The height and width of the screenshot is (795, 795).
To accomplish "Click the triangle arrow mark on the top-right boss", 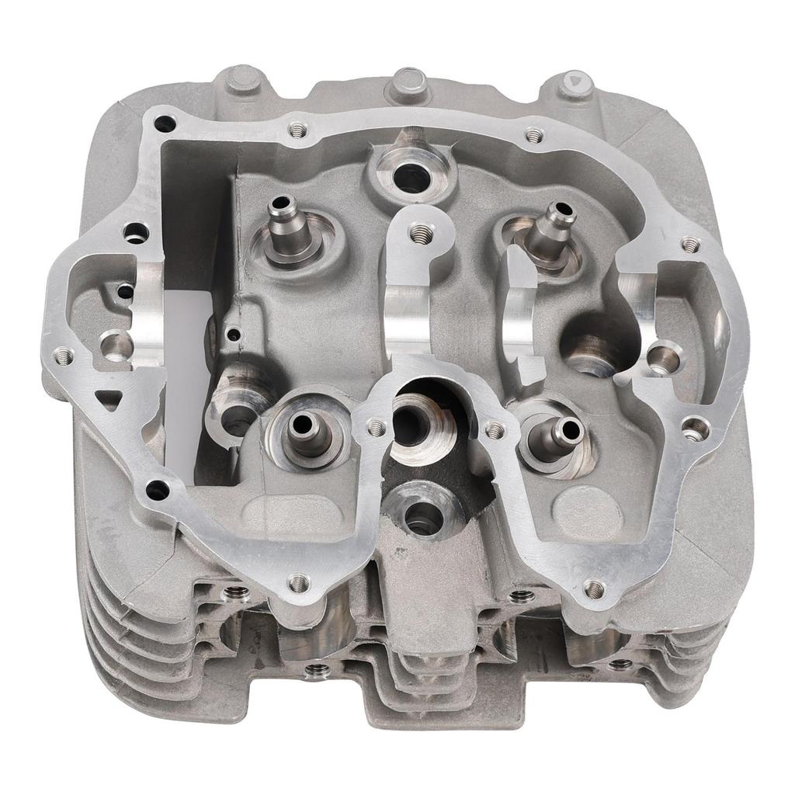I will (575, 79).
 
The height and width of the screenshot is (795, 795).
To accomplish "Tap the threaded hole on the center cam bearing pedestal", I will (422, 231).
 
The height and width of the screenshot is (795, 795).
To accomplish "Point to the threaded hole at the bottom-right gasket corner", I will (594, 590).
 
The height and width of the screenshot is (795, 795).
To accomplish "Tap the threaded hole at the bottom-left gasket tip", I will (298, 582).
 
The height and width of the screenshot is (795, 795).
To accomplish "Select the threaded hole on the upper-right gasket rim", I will (690, 245).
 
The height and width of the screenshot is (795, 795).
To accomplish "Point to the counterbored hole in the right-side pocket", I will (661, 356).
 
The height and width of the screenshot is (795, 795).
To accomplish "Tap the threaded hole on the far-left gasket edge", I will (62, 356).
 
